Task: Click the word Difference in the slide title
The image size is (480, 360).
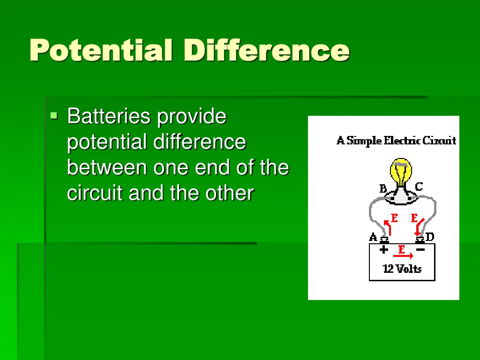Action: (x=267, y=51)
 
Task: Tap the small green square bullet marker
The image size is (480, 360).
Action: (x=54, y=114)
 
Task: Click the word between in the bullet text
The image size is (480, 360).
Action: (x=107, y=167)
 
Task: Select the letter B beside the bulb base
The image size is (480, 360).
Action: (x=383, y=189)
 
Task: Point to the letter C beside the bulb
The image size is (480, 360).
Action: (x=419, y=187)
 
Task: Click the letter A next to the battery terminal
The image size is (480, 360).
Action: (x=373, y=237)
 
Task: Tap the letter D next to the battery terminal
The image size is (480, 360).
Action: (x=430, y=237)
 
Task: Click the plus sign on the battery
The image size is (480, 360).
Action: (x=384, y=250)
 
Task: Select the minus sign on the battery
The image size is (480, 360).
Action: (x=420, y=250)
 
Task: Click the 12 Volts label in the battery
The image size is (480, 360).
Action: (x=402, y=269)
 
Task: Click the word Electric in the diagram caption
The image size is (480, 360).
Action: (x=402, y=140)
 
